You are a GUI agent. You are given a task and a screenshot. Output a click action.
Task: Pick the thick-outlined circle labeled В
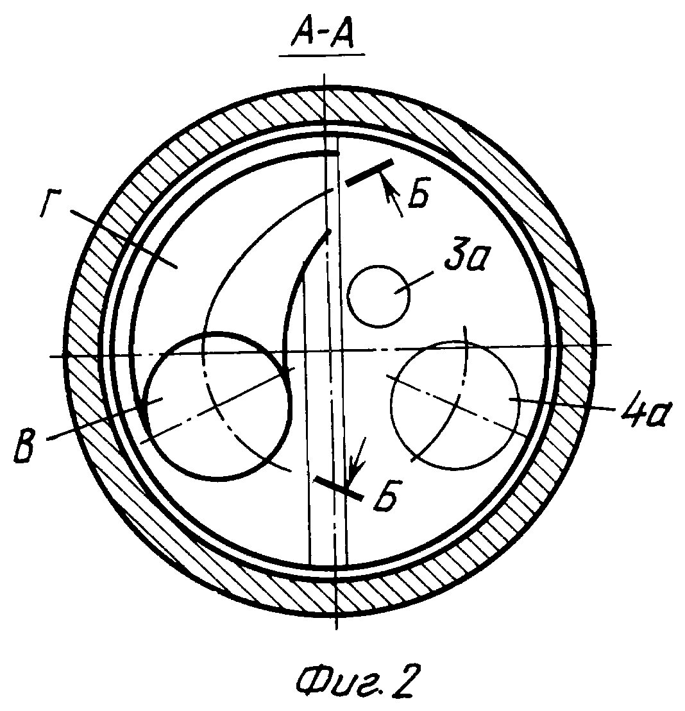pos(217,406)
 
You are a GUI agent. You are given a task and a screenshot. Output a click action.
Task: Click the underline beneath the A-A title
pos(322,56)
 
